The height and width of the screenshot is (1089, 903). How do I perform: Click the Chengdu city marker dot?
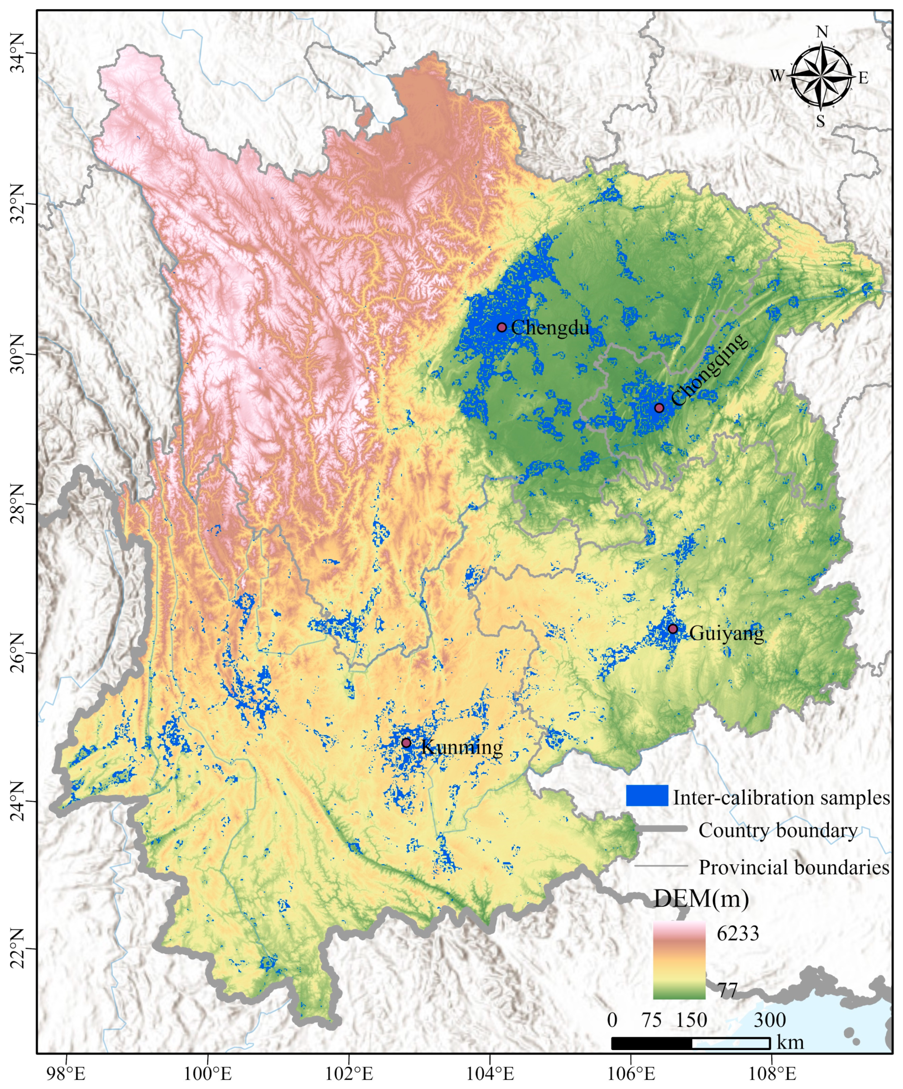point(502,327)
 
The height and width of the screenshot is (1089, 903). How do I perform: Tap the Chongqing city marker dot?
point(659,407)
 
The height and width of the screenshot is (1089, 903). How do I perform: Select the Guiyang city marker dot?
point(673,629)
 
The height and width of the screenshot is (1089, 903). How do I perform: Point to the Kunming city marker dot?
point(406,743)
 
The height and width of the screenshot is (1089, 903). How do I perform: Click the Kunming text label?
point(462,747)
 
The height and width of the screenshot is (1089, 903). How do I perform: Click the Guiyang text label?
point(726,633)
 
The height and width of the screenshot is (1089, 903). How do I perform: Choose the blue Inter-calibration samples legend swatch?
point(647,795)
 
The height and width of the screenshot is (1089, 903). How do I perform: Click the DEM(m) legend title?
point(701,899)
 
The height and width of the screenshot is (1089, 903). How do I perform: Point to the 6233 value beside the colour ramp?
point(737,933)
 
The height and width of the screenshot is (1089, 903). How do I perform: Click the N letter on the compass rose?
point(822,32)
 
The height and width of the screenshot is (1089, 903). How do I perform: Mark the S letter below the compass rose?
point(820,121)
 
